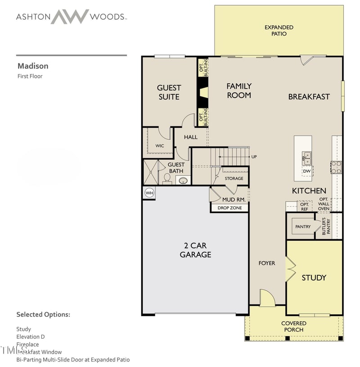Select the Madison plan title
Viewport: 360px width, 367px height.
(x=32, y=66)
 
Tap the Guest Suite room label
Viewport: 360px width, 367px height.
(x=169, y=92)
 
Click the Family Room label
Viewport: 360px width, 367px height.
(x=239, y=90)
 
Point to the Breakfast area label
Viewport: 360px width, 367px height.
(x=309, y=97)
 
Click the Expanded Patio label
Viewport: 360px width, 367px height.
(x=279, y=30)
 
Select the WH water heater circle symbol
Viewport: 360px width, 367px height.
(x=149, y=193)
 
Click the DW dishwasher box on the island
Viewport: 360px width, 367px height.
(x=306, y=171)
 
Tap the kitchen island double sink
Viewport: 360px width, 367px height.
(x=306, y=158)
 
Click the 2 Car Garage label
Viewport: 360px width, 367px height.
(x=195, y=250)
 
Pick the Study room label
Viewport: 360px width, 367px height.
(x=314, y=277)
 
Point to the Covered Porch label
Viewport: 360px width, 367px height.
(x=293, y=327)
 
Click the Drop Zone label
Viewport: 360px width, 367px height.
(x=229, y=208)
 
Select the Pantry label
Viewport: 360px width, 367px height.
(x=303, y=227)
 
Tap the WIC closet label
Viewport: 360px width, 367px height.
(x=160, y=146)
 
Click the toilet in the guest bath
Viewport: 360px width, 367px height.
(x=167, y=178)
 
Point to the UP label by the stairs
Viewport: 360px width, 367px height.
(x=254, y=157)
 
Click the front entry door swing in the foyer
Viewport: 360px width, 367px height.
(x=267, y=299)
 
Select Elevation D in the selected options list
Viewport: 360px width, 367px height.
(x=31, y=336)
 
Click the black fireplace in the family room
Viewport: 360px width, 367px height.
(x=203, y=92)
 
